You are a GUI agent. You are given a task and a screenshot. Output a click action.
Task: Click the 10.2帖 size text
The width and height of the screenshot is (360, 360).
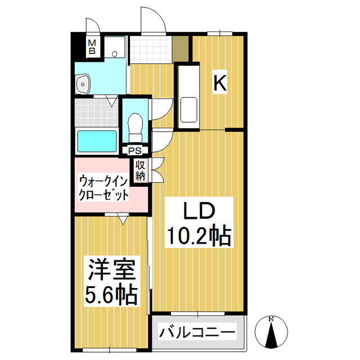click(197, 236)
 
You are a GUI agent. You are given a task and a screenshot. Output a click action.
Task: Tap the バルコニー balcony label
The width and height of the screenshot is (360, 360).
click(197, 332)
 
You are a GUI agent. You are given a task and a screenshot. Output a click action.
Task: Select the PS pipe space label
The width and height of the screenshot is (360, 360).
click(135, 150)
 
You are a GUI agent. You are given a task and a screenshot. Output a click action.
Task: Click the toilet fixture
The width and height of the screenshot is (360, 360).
click(135, 127)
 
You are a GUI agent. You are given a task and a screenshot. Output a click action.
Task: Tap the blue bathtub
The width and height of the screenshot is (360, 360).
click(96, 141)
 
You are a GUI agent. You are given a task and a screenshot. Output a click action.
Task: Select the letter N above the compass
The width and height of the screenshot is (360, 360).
click(272, 319)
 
